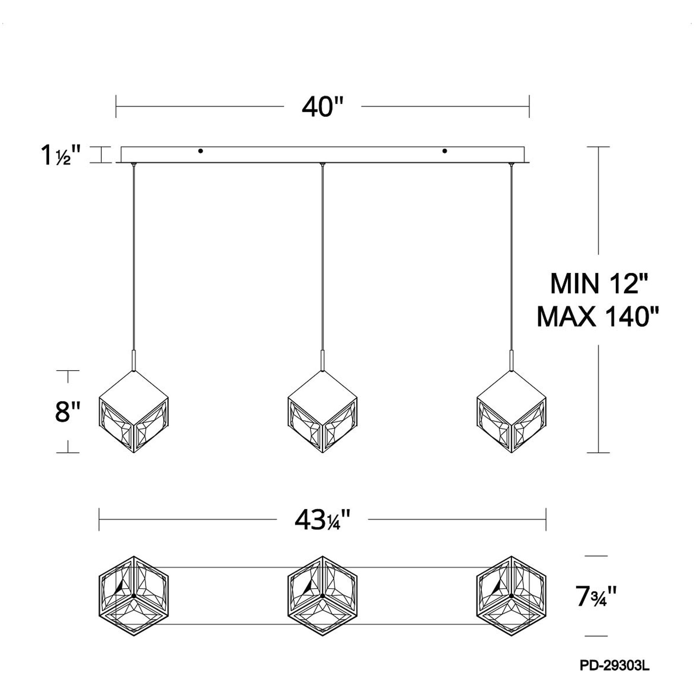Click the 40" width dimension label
pyautogui.click(x=323, y=107)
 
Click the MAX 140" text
pyautogui.click(x=598, y=317)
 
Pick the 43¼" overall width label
pyautogui.click(x=322, y=520)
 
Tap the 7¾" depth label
pyautogui.click(x=596, y=596)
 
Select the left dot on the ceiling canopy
pyautogui.click(x=201, y=151)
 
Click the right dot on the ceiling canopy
pyautogui.click(x=445, y=151)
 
